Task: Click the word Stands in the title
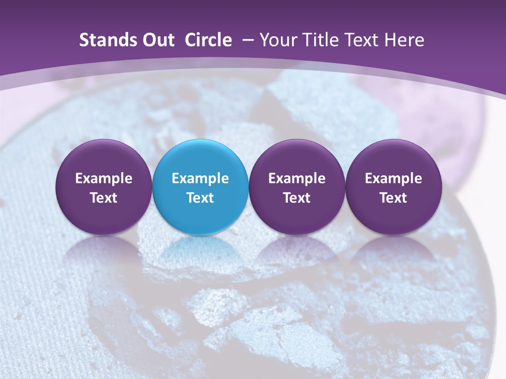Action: tap(108, 40)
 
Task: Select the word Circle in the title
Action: tap(208, 40)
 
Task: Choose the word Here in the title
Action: tap(404, 40)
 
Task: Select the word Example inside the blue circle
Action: tap(200, 178)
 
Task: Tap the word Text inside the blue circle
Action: tap(200, 198)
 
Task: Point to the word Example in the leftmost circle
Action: tap(104, 178)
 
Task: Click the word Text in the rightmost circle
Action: tap(393, 198)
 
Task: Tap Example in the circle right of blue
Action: tap(297, 178)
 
